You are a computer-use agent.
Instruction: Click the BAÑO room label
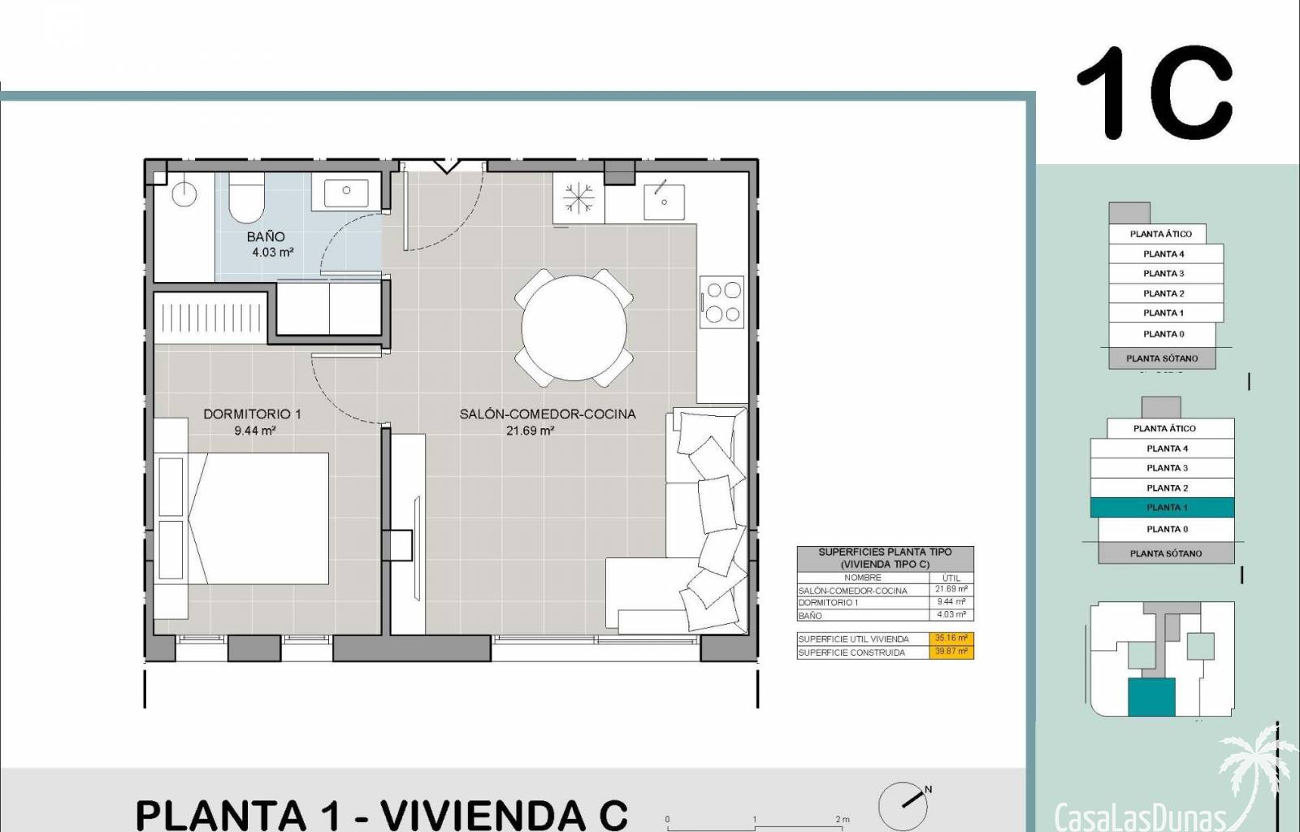[x=266, y=236]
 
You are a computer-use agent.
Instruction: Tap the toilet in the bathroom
[x=246, y=197]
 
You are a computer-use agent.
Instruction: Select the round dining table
[x=574, y=327]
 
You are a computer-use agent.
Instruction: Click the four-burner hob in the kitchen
[x=722, y=301]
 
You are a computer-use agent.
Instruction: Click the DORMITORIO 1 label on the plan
[x=253, y=414]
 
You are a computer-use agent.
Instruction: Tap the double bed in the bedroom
[x=258, y=518]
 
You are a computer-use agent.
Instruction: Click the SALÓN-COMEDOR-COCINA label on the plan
[x=548, y=414]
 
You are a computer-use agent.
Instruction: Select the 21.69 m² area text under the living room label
[x=531, y=431]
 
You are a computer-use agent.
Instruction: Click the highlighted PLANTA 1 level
[x=1162, y=508]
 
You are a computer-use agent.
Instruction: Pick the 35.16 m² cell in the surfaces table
[x=951, y=638]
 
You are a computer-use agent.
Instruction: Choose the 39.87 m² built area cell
[x=951, y=652]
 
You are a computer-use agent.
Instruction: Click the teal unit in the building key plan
[x=1151, y=697]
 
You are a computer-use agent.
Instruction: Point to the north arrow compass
[x=904, y=806]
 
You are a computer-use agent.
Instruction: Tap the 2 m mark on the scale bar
[x=843, y=819]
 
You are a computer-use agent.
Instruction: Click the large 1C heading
[x=1155, y=93]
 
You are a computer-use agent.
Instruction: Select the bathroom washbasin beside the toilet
[x=346, y=192]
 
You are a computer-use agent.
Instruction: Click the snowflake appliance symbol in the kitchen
[x=578, y=197]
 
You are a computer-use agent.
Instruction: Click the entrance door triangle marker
[x=446, y=166]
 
